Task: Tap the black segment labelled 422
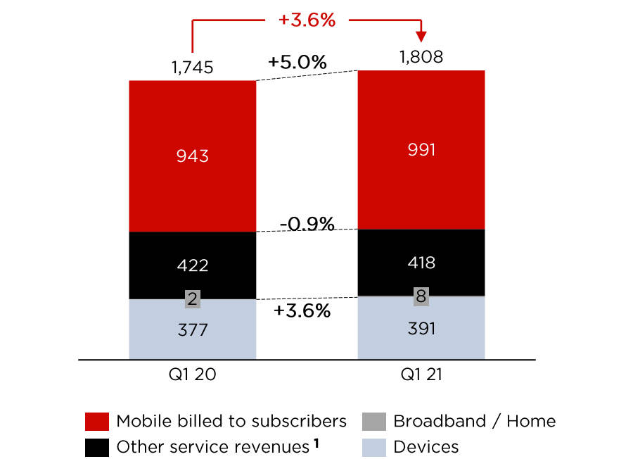tap(192, 265)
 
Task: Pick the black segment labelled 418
tap(421, 262)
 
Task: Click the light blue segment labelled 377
tap(192, 329)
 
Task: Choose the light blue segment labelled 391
tap(421, 328)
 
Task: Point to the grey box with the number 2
tap(192, 298)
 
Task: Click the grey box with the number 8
tap(421, 296)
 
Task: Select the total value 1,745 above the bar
tap(192, 68)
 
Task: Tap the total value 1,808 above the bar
tap(421, 57)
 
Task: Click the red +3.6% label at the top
tap(307, 20)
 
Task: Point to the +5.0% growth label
tap(297, 62)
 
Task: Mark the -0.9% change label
tap(306, 224)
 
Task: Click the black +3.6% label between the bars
tap(302, 310)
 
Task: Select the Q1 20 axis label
tap(192, 375)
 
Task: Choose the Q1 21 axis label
tap(421, 375)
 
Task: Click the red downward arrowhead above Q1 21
tap(421, 36)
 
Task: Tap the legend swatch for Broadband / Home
tap(373, 422)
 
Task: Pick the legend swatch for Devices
tap(373, 446)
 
